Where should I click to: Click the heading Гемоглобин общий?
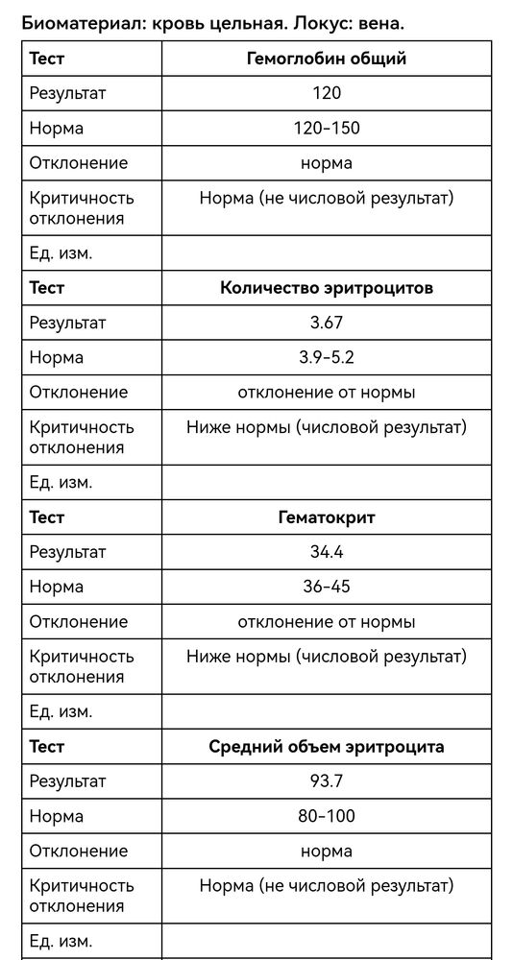click(327, 59)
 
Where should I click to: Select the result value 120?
click(327, 93)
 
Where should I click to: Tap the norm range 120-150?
click(327, 128)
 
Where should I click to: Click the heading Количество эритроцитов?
click(327, 288)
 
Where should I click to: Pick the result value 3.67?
click(327, 323)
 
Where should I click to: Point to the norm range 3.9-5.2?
click(327, 357)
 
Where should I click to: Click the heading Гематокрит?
click(327, 517)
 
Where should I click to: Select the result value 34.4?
click(327, 552)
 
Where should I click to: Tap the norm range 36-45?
click(327, 587)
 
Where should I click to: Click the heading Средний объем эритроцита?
click(327, 747)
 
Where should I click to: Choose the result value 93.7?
click(327, 781)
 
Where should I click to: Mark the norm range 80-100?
click(327, 816)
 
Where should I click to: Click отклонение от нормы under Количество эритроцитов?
click(327, 392)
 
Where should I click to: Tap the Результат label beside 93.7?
click(67, 781)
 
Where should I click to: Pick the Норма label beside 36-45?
click(57, 587)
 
